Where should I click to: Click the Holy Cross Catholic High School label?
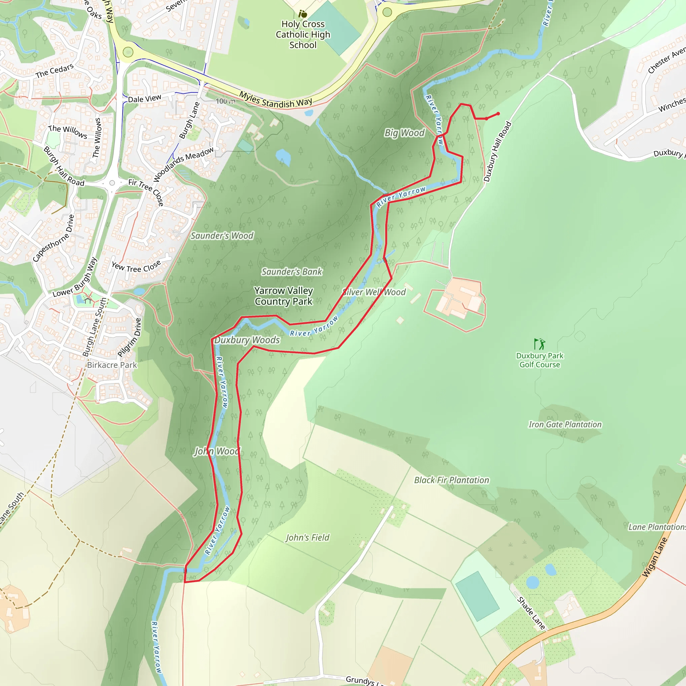tap(303, 35)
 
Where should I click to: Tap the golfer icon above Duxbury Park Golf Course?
tap(540, 344)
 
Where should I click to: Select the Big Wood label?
tap(404, 133)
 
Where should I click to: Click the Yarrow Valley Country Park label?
tap(283, 296)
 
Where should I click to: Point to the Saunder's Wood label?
tap(222, 236)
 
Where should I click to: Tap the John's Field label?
tap(307, 538)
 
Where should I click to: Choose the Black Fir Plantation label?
tap(451, 480)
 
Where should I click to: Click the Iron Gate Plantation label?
tap(565, 424)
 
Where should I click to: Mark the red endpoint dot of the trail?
tap(498, 114)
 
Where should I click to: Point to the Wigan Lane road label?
tap(655, 557)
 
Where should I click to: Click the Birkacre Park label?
tap(112, 365)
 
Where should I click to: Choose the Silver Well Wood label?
tap(374, 292)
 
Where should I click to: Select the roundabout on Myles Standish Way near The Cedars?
tap(128, 52)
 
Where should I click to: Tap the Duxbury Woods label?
tap(247, 340)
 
